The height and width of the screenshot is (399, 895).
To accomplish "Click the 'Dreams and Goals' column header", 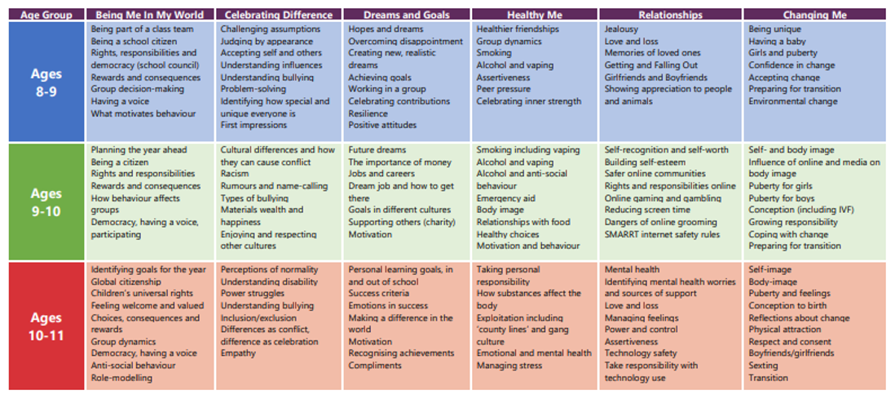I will pyautogui.click(x=406, y=15).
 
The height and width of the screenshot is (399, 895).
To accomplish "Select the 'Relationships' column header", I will pyautogui.click(x=670, y=15).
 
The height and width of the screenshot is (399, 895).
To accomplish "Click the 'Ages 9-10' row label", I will pyautogui.click(x=46, y=202).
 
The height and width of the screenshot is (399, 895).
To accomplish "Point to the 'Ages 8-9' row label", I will pyautogui.click(x=46, y=82).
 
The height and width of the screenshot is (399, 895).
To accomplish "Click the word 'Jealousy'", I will pyautogui.click(x=621, y=29).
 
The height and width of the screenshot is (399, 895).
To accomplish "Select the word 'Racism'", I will pyautogui.click(x=236, y=174).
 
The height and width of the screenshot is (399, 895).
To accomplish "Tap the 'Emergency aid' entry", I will pyautogui.click(x=507, y=198).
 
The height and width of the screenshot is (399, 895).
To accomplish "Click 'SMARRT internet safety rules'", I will pyautogui.click(x=662, y=234).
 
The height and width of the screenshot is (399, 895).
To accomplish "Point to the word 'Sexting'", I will pyautogui.click(x=765, y=366).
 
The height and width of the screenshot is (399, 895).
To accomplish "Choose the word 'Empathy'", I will pyautogui.click(x=238, y=353).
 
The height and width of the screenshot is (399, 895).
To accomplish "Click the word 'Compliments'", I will pyautogui.click(x=375, y=366).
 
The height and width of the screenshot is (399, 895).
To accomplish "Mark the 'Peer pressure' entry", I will pyautogui.click(x=504, y=90).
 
